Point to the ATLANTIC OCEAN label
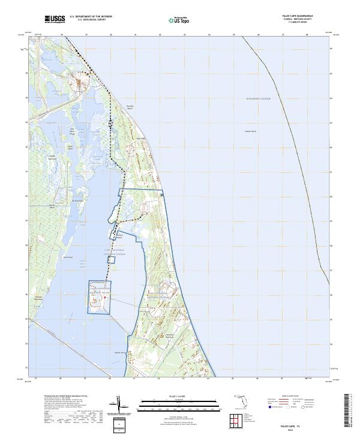[x=259, y=98]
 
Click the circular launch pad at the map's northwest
[x=78, y=82]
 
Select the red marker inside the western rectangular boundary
[x=104, y=298]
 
